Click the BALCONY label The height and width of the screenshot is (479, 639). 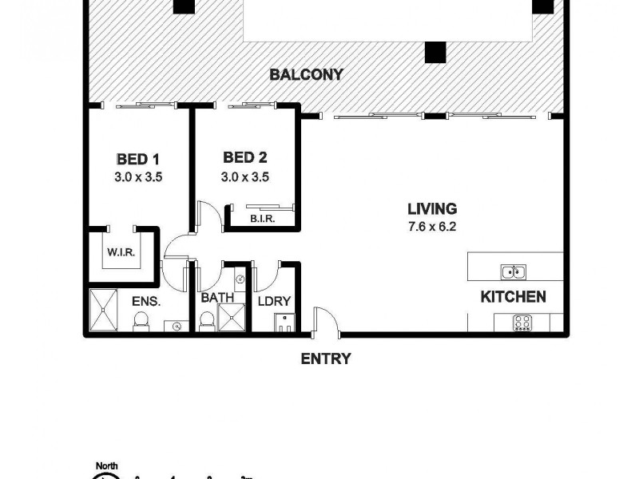click(x=306, y=75)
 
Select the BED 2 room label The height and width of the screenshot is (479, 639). click(x=244, y=158)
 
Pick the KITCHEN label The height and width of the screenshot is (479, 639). click(x=513, y=297)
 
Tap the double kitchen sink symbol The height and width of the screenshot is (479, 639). click(x=513, y=271)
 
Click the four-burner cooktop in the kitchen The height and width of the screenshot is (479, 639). click(x=522, y=323)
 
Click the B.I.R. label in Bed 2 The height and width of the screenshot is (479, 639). click(x=261, y=219)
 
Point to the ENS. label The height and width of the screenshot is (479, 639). click(x=146, y=302)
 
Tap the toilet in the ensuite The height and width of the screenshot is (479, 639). click(x=141, y=321)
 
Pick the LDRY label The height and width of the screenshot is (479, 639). click(x=274, y=302)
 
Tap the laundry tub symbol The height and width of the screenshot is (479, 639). click(x=284, y=323)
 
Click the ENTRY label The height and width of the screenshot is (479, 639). click(x=325, y=359)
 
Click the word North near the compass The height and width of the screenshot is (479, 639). click(x=107, y=466)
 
